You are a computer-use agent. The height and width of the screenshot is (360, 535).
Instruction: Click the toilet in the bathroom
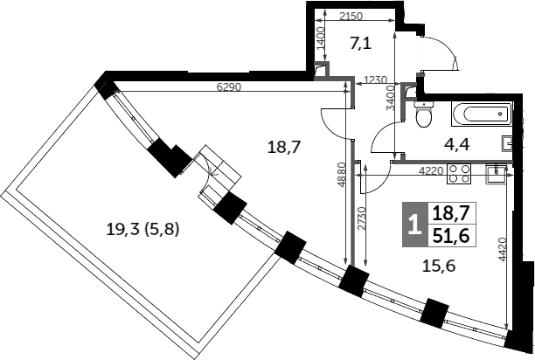(424, 114)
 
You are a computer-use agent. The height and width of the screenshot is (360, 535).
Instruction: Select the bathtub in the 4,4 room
(483, 114)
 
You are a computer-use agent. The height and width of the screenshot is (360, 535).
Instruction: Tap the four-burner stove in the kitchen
(459, 174)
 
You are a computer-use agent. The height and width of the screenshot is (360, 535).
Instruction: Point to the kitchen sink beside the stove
(497, 174)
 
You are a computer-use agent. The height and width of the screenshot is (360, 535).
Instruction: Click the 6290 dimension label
(229, 87)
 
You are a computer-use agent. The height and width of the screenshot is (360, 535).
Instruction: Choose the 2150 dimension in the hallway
(351, 16)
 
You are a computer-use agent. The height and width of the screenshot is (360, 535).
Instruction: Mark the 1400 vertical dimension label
(321, 38)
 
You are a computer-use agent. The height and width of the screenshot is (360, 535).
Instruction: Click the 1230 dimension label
(375, 80)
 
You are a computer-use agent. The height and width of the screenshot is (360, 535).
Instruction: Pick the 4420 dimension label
(503, 249)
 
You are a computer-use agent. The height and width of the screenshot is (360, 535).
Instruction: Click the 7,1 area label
(361, 44)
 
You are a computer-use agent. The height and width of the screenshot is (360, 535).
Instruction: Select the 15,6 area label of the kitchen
(439, 266)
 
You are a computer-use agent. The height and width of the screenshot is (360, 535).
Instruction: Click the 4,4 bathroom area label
(457, 144)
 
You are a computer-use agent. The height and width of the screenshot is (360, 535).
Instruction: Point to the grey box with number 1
(415, 225)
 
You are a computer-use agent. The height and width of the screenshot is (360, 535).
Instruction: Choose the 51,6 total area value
(451, 235)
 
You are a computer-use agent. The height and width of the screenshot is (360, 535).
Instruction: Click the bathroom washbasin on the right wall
(507, 143)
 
